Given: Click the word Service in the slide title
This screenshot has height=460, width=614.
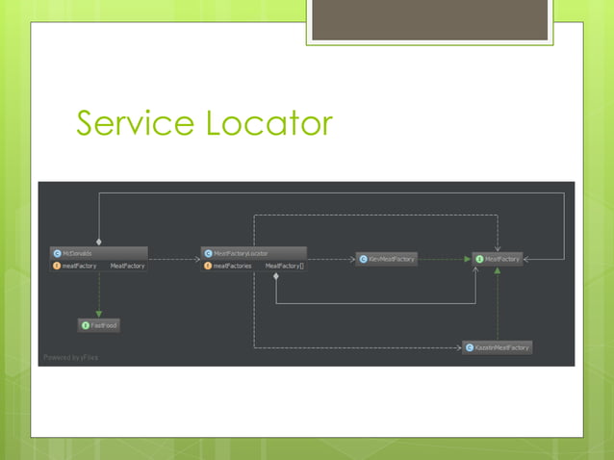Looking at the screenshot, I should click(133, 123).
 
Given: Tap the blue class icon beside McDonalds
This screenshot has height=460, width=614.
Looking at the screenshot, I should click(57, 253).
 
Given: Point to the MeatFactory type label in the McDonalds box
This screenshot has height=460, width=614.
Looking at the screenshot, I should click(127, 266).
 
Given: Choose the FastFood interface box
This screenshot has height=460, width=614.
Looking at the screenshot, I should click(99, 326).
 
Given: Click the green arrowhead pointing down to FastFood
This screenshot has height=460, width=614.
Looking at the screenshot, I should click(98, 315).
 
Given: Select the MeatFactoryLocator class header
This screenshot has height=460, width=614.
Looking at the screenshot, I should click(253, 253).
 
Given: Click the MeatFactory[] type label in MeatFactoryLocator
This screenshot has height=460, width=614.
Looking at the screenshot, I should click(284, 266).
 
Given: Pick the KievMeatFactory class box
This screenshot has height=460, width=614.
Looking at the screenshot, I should click(387, 259).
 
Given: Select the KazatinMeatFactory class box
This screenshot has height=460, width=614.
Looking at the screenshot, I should click(497, 346).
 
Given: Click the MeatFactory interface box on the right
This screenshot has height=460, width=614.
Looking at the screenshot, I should click(498, 259).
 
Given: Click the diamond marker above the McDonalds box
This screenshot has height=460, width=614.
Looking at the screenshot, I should click(98, 243).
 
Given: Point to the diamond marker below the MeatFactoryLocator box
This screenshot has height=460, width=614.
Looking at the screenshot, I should click(276, 277).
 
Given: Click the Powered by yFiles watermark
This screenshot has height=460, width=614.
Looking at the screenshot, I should click(69, 358).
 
